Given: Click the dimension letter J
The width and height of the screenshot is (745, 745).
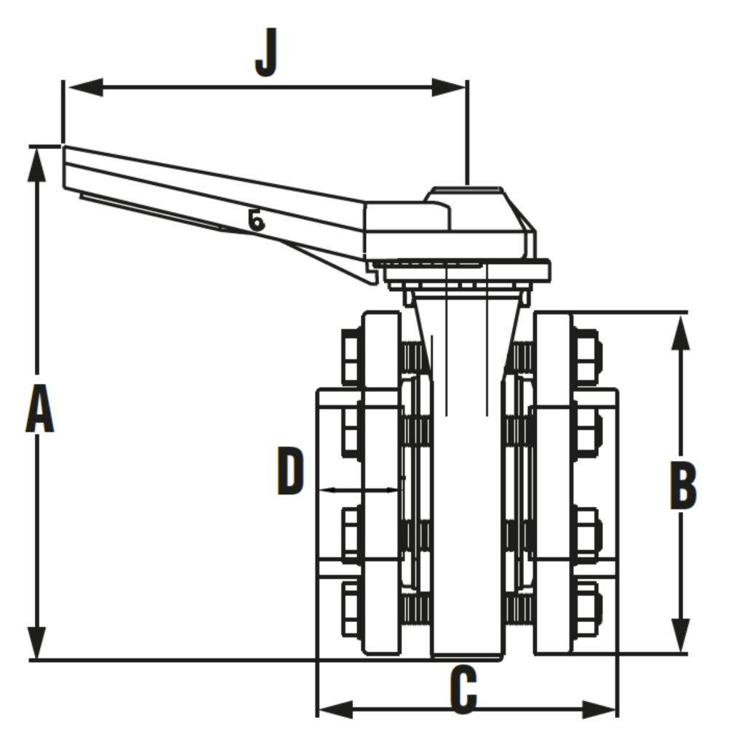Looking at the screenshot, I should (x=266, y=53).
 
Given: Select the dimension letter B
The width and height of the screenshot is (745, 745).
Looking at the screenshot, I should (x=682, y=483).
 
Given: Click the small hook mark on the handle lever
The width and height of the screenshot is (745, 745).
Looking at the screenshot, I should (x=255, y=219).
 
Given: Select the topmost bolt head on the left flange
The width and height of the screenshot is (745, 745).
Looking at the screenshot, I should (x=350, y=356).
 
